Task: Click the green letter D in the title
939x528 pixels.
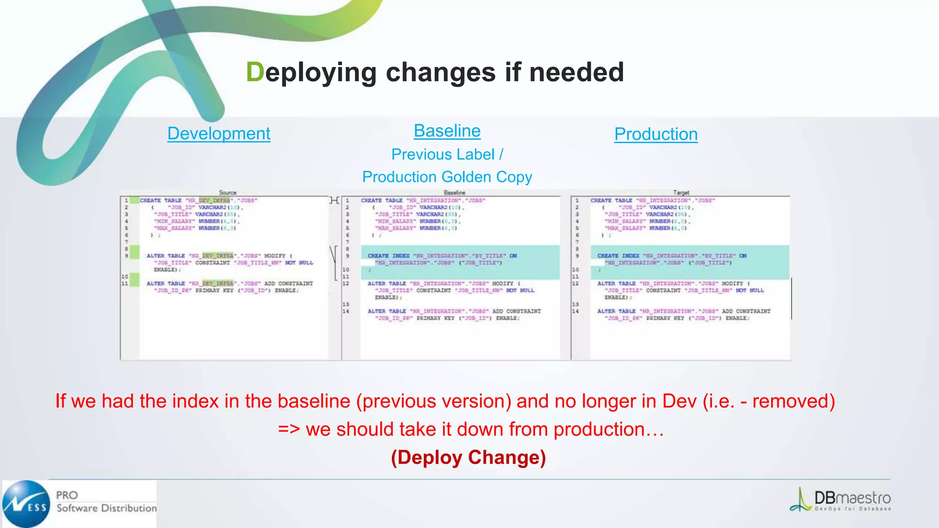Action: click(255, 72)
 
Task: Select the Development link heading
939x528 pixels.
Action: click(219, 133)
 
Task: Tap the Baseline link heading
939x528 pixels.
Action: click(447, 131)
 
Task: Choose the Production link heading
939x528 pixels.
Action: click(656, 134)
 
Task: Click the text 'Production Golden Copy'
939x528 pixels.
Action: click(447, 177)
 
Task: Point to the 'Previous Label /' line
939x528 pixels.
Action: click(447, 154)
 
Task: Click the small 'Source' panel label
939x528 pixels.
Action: click(227, 193)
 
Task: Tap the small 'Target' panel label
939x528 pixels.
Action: click(681, 193)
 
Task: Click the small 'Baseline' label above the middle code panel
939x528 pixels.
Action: click(454, 193)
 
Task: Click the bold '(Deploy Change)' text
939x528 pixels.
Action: click(468, 457)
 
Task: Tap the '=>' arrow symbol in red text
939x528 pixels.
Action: click(289, 429)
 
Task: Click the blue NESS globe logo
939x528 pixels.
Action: click(26, 504)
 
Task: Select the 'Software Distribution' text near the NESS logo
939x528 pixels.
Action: click(106, 508)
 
